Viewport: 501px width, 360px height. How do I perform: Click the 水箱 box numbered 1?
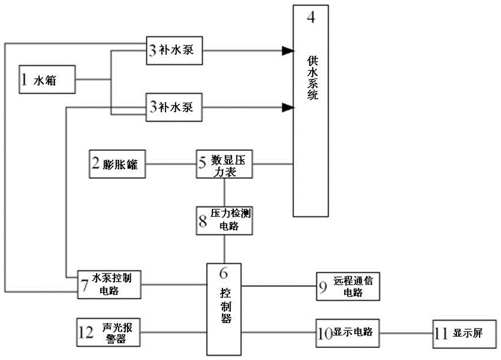(47, 79)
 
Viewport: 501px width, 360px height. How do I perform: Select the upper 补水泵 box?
(174, 50)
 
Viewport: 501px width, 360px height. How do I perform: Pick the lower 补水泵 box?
(174, 107)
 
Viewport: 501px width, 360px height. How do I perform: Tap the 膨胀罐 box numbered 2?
(117, 164)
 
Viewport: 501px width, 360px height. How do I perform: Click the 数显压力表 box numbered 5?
(224, 164)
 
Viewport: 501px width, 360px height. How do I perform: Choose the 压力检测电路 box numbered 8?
(224, 220)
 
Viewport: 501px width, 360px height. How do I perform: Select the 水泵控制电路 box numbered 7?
(109, 284)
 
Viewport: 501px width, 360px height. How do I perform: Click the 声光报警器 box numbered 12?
(109, 332)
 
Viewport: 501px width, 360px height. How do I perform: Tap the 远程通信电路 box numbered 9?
(347, 286)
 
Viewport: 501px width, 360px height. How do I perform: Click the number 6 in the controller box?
(224, 273)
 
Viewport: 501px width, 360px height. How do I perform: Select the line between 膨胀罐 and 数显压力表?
(170, 163)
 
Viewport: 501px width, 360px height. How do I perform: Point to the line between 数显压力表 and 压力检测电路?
(224, 192)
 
